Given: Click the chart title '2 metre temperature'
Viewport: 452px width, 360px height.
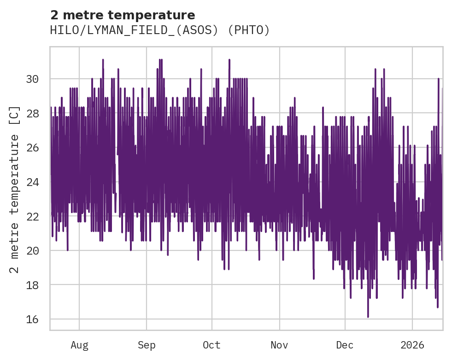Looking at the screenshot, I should [123, 15].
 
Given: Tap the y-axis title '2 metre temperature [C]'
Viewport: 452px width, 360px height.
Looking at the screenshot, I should [15, 189].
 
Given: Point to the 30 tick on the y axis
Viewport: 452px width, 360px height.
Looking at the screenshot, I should [32, 79].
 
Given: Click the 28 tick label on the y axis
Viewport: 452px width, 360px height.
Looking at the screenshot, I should [32, 113].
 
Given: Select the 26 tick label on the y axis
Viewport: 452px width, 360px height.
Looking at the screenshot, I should [32, 148].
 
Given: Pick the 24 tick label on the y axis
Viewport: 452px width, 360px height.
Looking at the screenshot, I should [32, 182].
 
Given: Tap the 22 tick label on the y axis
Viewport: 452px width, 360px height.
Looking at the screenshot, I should [32, 216].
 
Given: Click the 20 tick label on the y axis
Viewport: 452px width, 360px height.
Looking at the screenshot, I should [32, 251].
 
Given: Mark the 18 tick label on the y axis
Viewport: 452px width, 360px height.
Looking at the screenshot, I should [32, 285].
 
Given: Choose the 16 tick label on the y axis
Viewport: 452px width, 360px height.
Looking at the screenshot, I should [32, 319].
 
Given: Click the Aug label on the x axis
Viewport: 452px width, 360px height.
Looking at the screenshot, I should [79, 345].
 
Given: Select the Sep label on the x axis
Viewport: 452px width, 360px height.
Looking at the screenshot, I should [147, 345].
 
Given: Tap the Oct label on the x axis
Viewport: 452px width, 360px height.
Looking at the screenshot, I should [212, 345].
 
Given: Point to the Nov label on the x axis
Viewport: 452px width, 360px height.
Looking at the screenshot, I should [279, 345].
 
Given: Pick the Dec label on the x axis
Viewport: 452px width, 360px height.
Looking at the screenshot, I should [345, 345].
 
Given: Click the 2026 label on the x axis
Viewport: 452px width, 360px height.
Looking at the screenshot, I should [412, 345].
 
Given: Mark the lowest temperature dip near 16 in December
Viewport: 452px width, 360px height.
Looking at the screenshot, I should [368, 316].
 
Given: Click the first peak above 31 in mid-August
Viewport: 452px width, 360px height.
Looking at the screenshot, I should [103, 60].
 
